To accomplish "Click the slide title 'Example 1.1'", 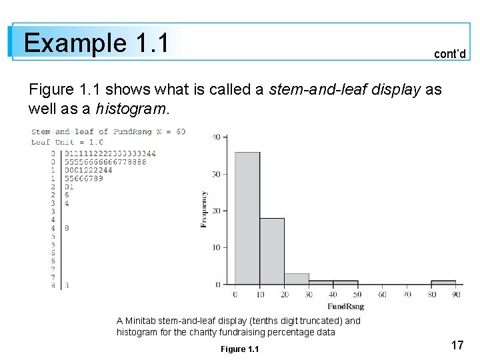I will pyautogui.click(x=95, y=43).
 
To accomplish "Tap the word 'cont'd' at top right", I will pyautogui.click(x=449, y=54).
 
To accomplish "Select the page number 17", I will pyautogui.click(x=457, y=345).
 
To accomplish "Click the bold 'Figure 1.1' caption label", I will pyautogui.click(x=239, y=349).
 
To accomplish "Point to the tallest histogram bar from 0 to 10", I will pyautogui.click(x=247, y=219).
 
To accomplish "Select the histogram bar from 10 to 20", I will pyautogui.click(x=272, y=251).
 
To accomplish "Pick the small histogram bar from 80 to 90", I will pyautogui.click(x=443, y=282).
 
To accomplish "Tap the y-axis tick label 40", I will pyautogui.click(x=216, y=137).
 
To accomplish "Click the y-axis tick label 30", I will pyautogui.click(x=216, y=174).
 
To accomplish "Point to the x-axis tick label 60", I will pyautogui.click(x=383, y=294).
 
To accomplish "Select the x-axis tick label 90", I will pyautogui.click(x=456, y=294).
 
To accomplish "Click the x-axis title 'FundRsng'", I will pyautogui.click(x=345, y=306).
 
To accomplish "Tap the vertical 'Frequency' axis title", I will pyautogui.click(x=204, y=209).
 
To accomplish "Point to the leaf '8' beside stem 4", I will pyautogui.click(x=67, y=228).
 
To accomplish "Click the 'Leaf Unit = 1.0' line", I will pyautogui.click(x=67, y=142).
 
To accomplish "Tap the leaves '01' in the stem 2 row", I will pyautogui.click(x=69, y=187).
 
